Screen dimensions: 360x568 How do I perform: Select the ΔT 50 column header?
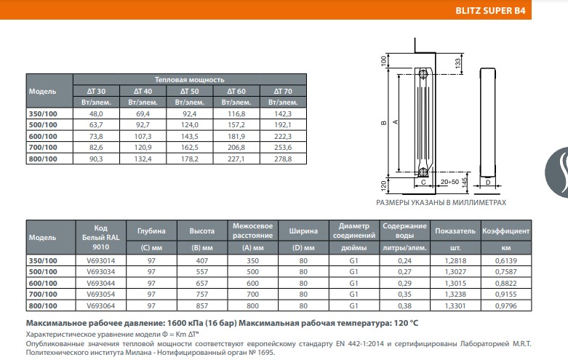pos(189,91)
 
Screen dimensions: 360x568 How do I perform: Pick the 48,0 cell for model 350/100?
pos(96,114)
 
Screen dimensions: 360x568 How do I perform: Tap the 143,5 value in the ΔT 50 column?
pos(189,137)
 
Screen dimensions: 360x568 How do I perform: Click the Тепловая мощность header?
pos(189,79)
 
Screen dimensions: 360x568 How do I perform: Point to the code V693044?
pos(100,283)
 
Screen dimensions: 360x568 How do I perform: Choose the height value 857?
pos(201,306)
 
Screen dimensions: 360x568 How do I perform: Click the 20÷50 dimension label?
pos(450,181)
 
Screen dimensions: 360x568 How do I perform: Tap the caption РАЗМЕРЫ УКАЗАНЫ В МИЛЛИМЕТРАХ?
pos(451,203)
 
